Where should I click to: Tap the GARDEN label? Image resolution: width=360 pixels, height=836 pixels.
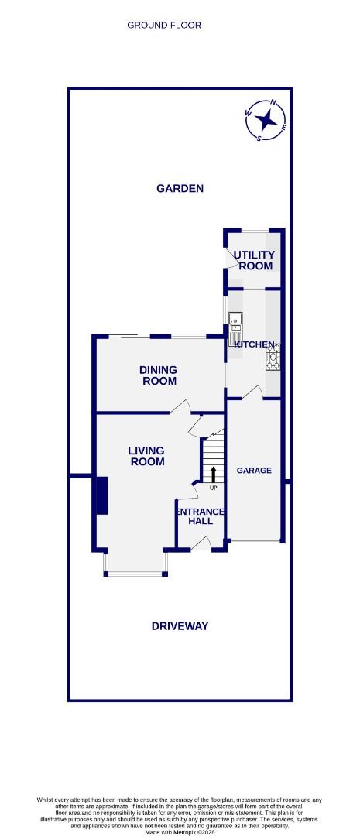pyautogui.click(x=180, y=188)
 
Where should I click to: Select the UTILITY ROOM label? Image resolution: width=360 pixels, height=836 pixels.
pyautogui.click(x=255, y=260)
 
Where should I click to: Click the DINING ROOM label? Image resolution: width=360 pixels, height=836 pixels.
pyautogui.click(x=158, y=375)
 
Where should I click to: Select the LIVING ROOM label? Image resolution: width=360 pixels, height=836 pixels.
pyautogui.click(x=146, y=456)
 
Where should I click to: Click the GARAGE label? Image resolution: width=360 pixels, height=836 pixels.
pyautogui.click(x=254, y=470)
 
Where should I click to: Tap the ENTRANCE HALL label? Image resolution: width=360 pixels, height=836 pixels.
pyautogui.click(x=201, y=516)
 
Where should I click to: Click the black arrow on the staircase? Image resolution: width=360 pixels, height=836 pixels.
pyautogui.click(x=214, y=475)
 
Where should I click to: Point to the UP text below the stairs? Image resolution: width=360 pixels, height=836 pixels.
pyautogui.click(x=214, y=488)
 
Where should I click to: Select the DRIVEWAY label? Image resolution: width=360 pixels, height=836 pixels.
pyautogui.click(x=180, y=626)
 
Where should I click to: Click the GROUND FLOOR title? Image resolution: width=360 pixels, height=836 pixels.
pyautogui.click(x=164, y=26)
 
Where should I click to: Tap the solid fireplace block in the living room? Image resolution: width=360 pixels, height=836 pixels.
pyautogui.click(x=101, y=495)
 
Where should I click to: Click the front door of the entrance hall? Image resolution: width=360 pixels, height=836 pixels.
pyautogui.click(x=200, y=545)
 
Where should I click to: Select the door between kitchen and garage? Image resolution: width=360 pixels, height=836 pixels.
pyautogui.click(x=251, y=395)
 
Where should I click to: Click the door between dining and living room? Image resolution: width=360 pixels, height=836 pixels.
pyautogui.click(x=180, y=406)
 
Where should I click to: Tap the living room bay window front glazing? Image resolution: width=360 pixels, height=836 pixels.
pyautogui.click(x=135, y=574)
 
